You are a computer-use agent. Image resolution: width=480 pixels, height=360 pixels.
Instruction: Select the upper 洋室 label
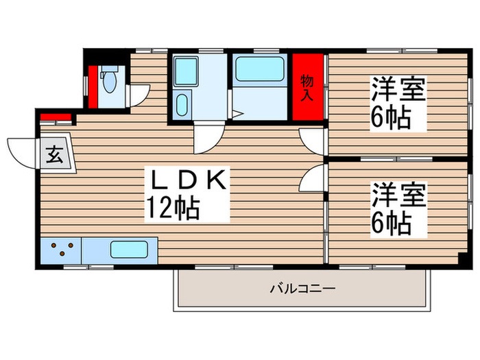pyautogui.click(x=399, y=90)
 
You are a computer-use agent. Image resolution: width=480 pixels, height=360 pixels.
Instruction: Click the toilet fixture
pyautogui.click(x=109, y=80)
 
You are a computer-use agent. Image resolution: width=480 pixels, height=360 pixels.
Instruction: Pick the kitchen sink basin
pyautogui.click(x=130, y=250)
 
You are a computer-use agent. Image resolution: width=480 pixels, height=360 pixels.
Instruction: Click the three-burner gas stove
pyautogui.click(x=61, y=250)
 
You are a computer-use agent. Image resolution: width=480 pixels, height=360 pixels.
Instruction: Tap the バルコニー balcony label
pyautogui.click(x=302, y=289)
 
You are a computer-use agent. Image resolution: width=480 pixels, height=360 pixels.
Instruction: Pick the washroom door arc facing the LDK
pyautogui.click(x=206, y=139)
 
